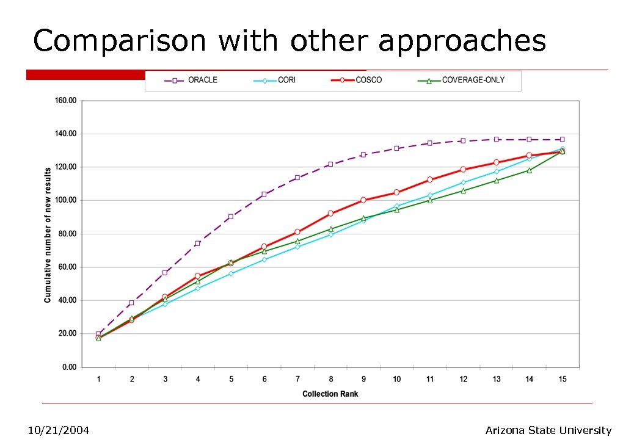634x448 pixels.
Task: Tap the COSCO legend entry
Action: pyautogui.click(x=360, y=81)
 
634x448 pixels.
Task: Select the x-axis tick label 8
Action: pyautogui.click(x=330, y=379)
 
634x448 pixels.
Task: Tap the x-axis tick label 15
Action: pyautogui.click(x=563, y=379)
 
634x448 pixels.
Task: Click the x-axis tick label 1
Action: pyautogui.click(x=98, y=379)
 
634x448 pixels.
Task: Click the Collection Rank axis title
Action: pyautogui.click(x=330, y=394)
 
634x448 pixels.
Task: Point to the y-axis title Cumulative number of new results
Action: pyautogui.click(x=48, y=234)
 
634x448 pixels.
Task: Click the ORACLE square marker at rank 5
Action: pyautogui.click(x=231, y=217)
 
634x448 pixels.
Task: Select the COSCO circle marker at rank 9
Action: pyautogui.click(x=363, y=200)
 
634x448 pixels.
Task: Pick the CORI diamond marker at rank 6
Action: pyautogui.click(x=264, y=259)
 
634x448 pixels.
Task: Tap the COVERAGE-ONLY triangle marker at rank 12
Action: pyautogui.click(x=463, y=190)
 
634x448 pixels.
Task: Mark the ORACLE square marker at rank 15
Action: pyautogui.click(x=563, y=140)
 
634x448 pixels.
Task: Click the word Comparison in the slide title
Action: pyautogui.click(x=120, y=42)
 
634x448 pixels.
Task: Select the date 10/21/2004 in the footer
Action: pyautogui.click(x=59, y=431)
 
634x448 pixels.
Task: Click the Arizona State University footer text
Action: pyautogui.click(x=548, y=431)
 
